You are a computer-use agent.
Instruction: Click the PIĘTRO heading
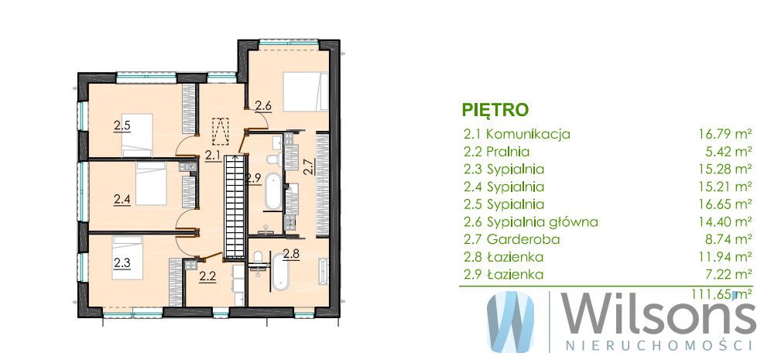tap(495, 108)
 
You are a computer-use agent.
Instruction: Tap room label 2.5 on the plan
tap(122, 125)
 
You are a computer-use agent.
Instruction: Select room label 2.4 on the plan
tap(122, 200)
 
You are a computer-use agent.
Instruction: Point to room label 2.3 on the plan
tap(122, 262)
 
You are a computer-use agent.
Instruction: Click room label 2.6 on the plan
tap(262, 106)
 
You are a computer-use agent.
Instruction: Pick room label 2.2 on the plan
tap(207, 275)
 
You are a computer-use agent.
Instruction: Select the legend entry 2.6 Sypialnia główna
tap(530, 222)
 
